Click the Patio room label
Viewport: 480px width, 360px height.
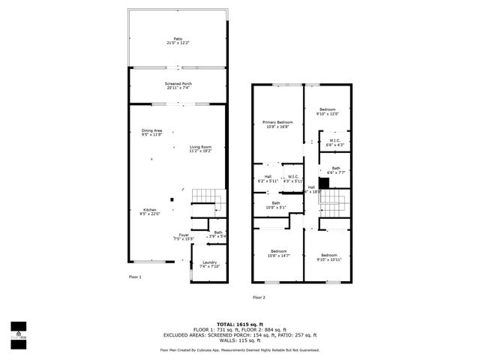[x=178, y=40]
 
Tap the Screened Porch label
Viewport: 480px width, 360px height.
[x=178, y=85]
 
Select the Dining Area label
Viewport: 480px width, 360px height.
[x=152, y=133]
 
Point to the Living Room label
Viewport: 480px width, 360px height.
[x=200, y=148]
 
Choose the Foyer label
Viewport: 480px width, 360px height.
[x=184, y=237]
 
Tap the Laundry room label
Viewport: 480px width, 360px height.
[x=209, y=264]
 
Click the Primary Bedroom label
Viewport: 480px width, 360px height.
[x=277, y=124]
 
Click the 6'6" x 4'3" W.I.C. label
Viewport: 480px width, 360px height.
[x=336, y=143]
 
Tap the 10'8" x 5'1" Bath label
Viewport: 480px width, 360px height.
[x=276, y=205]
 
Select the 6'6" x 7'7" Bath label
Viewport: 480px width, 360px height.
[x=336, y=169]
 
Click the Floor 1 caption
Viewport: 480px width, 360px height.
[x=135, y=277]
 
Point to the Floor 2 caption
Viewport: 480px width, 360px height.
[x=259, y=297]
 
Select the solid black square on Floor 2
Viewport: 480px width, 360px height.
[x=324, y=182]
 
